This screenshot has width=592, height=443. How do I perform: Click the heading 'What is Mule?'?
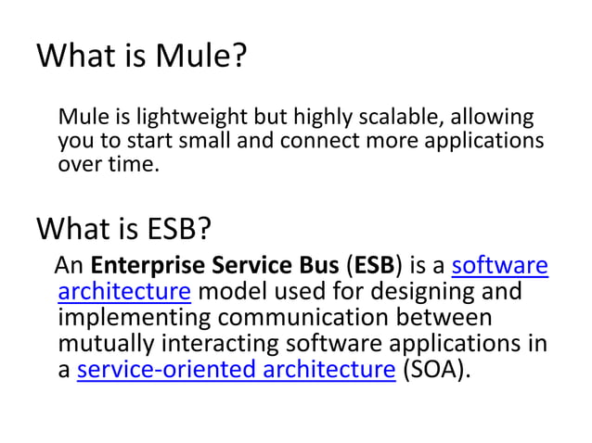(142, 57)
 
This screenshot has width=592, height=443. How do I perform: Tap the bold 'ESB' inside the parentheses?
(373, 267)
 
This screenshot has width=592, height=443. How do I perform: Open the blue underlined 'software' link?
(499, 267)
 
